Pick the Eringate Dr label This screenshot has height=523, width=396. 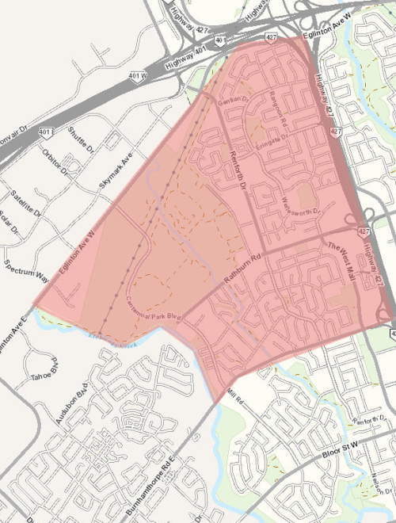tap(271, 138)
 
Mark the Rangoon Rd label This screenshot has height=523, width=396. tap(277, 112)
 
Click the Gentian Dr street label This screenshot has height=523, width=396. tap(234, 95)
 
